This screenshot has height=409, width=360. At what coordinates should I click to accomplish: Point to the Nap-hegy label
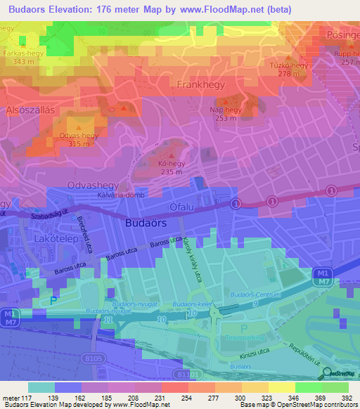pos(226,110)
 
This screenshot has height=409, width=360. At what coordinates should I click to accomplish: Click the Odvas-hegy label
pos(78,136)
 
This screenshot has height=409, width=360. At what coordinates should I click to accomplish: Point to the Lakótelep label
pos(55,239)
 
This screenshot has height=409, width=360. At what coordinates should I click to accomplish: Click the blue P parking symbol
pos(54,301)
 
